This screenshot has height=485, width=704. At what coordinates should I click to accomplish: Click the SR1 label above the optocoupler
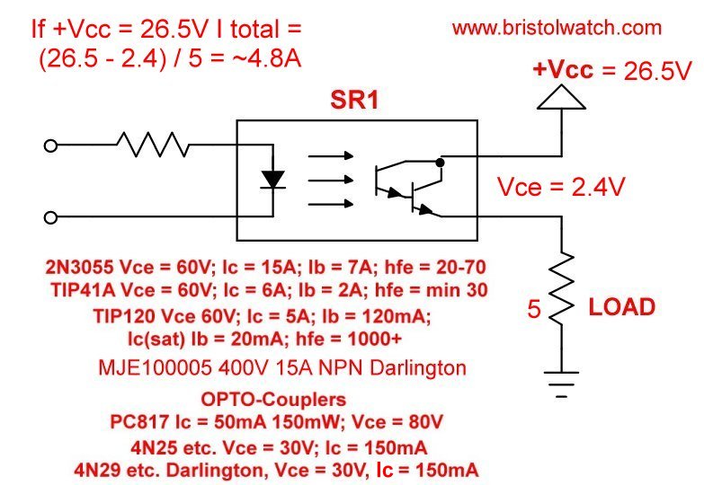[356, 101]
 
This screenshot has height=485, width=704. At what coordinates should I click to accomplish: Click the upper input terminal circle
[51, 145]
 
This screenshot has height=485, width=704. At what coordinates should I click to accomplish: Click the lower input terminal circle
[51, 216]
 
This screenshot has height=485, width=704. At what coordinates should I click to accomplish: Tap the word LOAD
[621, 307]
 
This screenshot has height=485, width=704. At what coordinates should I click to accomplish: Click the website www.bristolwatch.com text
[557, 28]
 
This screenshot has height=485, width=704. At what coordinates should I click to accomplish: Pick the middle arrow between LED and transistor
[330, 181]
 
